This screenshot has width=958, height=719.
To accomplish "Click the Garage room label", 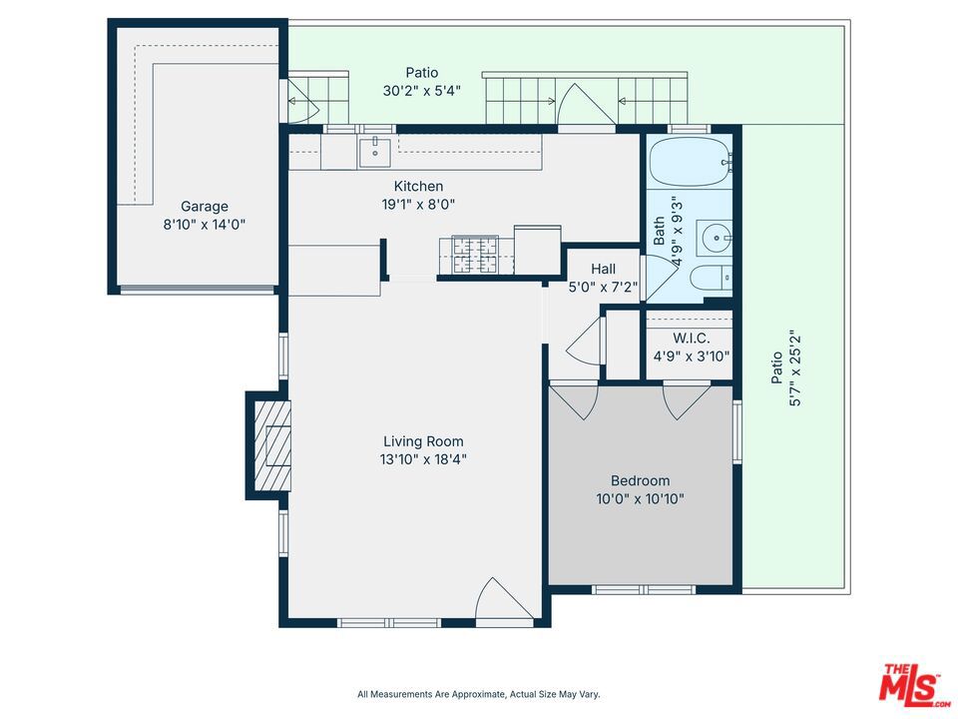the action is point(204,206).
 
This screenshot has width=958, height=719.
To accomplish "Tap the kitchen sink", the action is point(374,152).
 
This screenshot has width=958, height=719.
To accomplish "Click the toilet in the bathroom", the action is point(712,279).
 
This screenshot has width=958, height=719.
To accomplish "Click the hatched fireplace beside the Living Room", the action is point(272,445).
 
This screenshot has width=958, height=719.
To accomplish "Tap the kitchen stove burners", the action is point(469,255).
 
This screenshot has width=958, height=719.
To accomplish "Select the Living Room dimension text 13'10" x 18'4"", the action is point(423,458).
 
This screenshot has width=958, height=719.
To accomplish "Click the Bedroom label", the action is point(641,480).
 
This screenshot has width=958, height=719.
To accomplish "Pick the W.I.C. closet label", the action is point(692,339).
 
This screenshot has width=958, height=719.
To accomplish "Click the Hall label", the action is point(603,269).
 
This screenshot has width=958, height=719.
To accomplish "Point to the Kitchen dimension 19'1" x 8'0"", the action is point(418,204).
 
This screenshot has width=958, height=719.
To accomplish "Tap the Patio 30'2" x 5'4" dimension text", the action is point(421,91).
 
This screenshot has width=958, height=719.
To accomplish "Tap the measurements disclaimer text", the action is point(478,694).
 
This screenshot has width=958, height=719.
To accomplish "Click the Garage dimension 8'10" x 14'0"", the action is point(204,225).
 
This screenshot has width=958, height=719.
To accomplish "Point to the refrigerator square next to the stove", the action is point(538,250).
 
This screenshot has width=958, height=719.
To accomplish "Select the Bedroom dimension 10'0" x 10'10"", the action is point(641,499).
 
